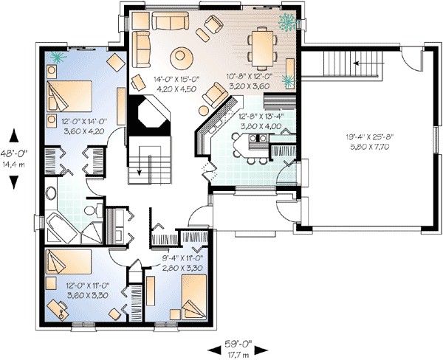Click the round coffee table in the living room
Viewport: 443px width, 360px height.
point(182,57)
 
